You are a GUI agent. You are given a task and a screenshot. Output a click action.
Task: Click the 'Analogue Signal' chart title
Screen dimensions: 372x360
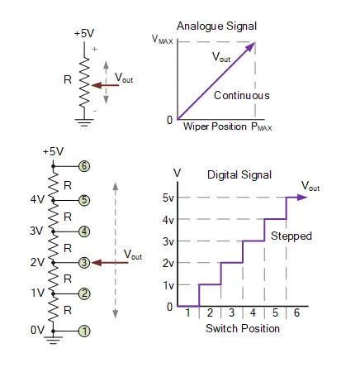point(217,26)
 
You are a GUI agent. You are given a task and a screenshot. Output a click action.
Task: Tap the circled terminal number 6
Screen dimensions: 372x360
point(84,165)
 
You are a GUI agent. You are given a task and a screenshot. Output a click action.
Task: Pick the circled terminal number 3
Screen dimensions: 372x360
point(84,262)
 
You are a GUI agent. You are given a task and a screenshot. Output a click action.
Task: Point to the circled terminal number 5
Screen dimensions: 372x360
point(84,199)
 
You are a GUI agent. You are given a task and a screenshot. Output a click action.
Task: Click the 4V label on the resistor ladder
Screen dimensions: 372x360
point(36,199)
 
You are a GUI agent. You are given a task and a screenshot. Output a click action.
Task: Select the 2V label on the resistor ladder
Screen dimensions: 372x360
point(36,263)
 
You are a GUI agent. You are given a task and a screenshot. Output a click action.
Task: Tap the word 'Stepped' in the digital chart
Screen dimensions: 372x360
point(291,236)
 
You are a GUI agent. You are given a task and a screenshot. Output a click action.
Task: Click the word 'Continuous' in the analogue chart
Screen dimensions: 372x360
point(241,96)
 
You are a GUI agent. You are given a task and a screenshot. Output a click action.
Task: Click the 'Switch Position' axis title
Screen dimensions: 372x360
point(242,328)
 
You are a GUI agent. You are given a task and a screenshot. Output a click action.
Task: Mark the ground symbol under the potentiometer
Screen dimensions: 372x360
point(83,121)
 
